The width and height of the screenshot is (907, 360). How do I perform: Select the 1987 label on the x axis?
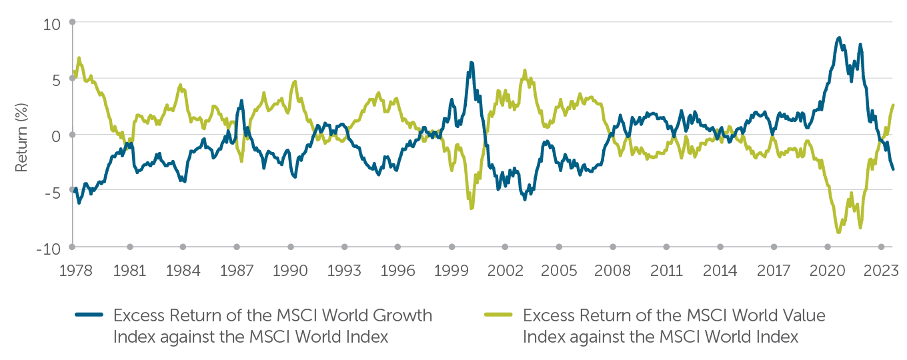point(237,271)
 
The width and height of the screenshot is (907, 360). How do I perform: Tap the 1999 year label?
point(451,271)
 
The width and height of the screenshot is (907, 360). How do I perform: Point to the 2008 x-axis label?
point(612,271)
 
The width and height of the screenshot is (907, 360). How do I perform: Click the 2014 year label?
point(720,271)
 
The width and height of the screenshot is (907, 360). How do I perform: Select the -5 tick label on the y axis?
point(53,192)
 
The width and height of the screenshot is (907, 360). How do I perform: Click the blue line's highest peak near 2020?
point(838,38)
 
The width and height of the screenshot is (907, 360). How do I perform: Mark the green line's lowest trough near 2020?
point(838,232)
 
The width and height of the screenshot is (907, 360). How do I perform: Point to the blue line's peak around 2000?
point(472,63)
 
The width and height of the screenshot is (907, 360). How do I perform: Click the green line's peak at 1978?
point(79,58)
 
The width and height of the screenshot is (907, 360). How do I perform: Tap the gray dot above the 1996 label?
point(398,247)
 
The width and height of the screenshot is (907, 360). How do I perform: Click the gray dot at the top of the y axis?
point(72,22)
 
